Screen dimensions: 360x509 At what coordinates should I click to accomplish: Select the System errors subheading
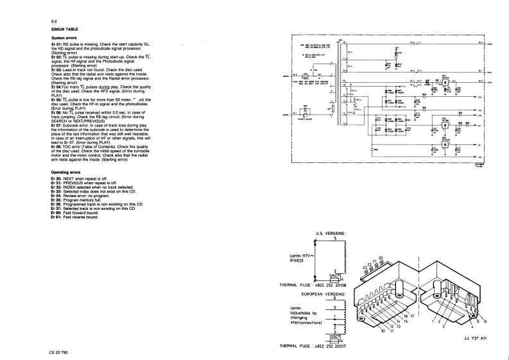(65, 39)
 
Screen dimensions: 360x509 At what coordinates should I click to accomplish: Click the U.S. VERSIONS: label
(331, 233)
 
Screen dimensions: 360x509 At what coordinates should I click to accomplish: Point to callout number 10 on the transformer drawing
(384, 331)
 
